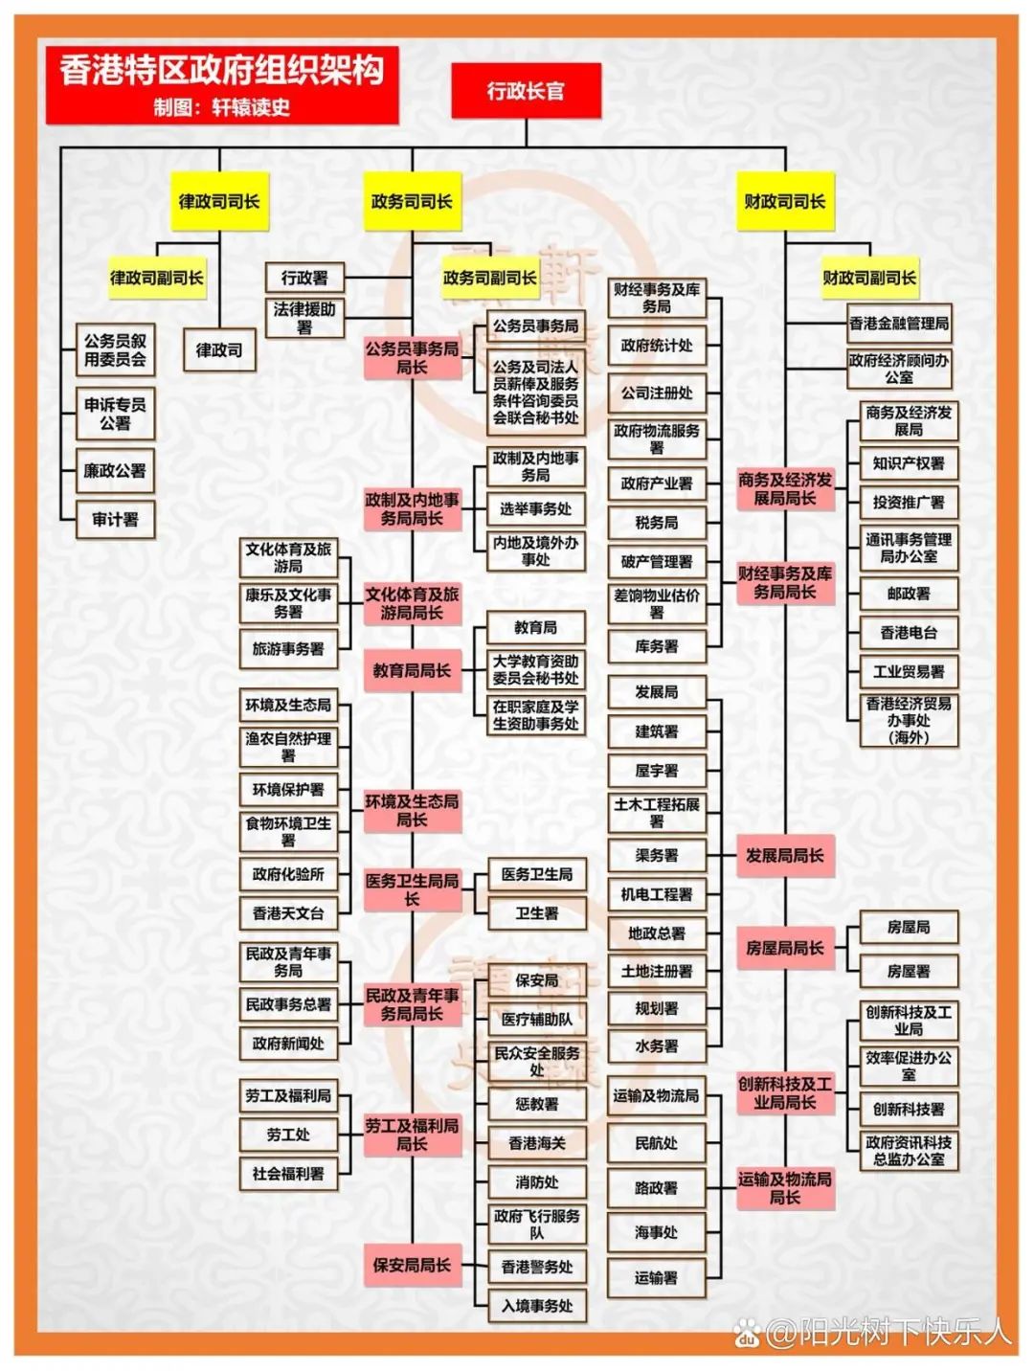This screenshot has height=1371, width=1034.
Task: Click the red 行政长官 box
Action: pyautogui.click(x=526, y=92)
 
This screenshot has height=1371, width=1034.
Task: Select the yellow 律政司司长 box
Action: pyautogui.click(x=219, y=202)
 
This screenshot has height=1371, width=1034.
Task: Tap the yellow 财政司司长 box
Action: pyautogui.click(x=784, y=202)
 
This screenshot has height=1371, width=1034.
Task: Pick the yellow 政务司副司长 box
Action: pyautogui.click(x=489, y=279)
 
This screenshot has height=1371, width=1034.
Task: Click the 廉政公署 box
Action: pyautogui.click(x=115, y=471)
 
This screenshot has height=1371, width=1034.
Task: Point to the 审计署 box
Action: pyautogui.click(x=115, y=520)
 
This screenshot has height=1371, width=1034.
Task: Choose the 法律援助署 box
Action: pyautogui.click(x=304, y=318)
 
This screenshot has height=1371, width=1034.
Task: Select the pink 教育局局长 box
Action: pyautogui.click(x=412, y=671)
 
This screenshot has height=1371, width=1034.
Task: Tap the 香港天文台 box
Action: pyautogui.click(x=288, y=913)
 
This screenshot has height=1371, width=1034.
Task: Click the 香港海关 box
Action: pyautogui.click(x=536, y=1143)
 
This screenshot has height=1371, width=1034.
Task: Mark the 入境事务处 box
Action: pyautogui.click(x=536, y=1305)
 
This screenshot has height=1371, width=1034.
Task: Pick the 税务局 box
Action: pyautogui.click(x=657, y=523)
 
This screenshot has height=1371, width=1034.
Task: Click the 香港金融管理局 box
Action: pyautogui.click(x=899, y=324)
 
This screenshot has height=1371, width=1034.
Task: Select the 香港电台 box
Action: pyautogui.click(x=909, y=633)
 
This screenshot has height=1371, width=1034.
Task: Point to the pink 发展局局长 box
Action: pyautogui.click(x=784, y=856)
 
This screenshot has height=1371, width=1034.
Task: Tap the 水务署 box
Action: pyautogui.click(x=657, y=1046)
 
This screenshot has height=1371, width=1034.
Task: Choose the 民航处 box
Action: pyautogui.click(x=657, y=1143)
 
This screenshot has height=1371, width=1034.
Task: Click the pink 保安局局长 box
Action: pyautogui.click(x=412, y=1265)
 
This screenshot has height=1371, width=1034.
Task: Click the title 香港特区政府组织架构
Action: pyautogui.click(x=222, y=71)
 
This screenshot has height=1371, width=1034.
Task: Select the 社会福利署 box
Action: pyautogui.click(x=288, y=1174)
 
